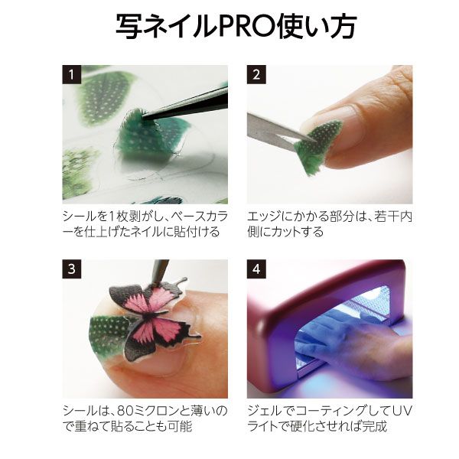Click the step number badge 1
[71, 74]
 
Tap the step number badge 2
[256, 74]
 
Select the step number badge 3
[71, 269]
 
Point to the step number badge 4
[256, 269]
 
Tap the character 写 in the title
[129, 26]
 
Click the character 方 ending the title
[343, 26]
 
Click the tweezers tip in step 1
[144, 117]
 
